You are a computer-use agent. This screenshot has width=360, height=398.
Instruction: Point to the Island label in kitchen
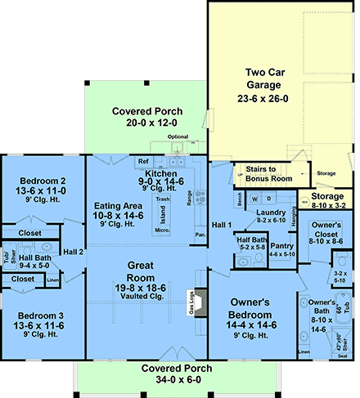(163, 214)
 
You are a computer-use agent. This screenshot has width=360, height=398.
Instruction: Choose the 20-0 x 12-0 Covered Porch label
(148, 117)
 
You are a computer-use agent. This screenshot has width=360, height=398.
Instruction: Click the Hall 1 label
(221, 225)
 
